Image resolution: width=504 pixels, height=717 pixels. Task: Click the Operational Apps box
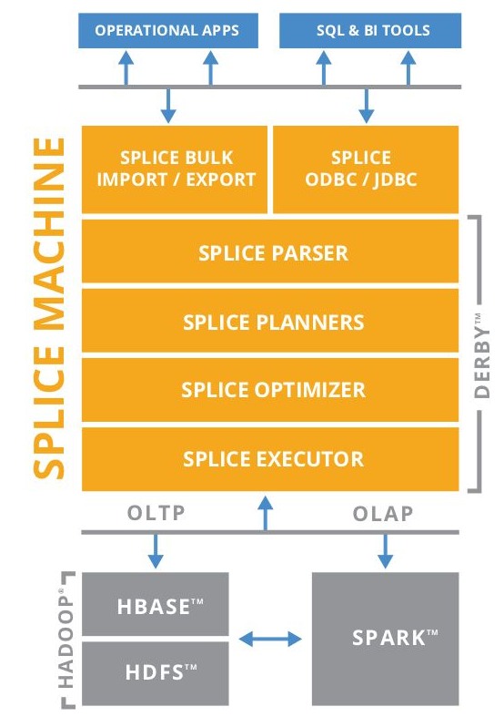click(x=168, y=30)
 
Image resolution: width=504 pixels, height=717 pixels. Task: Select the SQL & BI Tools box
click(x=370, y=30)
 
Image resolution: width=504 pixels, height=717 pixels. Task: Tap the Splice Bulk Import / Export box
click(x=175, y=169)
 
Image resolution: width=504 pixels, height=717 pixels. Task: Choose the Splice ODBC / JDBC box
click(x=366, y=169)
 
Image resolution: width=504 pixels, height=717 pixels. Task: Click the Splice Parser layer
click(x=270, y=251)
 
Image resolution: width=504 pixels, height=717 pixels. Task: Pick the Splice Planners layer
click(x=270, y=321)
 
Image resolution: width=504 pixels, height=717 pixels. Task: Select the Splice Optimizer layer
click(x=270, y=390)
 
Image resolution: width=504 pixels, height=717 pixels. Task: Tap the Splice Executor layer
click(x=270, y=459)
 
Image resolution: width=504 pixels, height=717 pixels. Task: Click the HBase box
click(x=156, y=604)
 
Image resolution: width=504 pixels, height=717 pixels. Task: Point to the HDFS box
click(x=156, y=673)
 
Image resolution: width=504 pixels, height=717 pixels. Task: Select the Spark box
click(x=386, y=639)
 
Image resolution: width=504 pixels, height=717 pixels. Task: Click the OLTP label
click(x=156, y=513)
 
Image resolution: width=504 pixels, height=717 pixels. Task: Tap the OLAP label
click(x=383, y=514)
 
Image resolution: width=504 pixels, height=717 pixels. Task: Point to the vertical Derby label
click(x=482, y=355)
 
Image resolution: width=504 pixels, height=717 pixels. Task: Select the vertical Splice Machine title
click(x=50, y=308)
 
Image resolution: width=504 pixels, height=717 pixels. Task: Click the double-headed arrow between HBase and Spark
click(x=270, y=639)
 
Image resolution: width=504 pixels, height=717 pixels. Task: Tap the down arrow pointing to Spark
click(x=386, y=551)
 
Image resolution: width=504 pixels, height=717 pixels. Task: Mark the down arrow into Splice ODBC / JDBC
click(x=366, y=106)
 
